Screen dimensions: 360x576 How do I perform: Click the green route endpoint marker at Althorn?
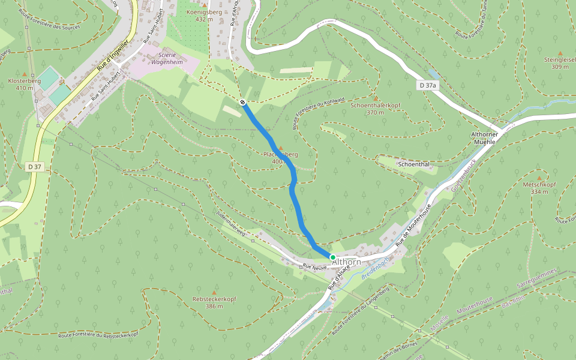click(x=332, y=257)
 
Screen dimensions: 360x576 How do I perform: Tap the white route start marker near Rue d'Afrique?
click(x=242, y=103)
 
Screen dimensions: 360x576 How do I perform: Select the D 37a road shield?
click(x=428, y=86)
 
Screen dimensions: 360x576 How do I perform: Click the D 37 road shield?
click(x=35, y=167)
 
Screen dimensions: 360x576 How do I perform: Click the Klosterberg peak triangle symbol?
click(x=25, y=74)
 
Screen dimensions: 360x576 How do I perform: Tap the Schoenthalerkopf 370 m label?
click(x=375, y=109)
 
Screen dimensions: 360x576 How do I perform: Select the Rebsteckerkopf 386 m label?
click(x=214, y=302)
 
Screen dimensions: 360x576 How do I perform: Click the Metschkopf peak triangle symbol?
click(x=539, y=178)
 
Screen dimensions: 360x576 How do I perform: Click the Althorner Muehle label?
click(x=484, y=139)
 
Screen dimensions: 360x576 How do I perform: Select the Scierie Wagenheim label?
click(x=166, y=58)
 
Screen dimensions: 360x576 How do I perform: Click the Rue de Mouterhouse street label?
click(x=413, y=227)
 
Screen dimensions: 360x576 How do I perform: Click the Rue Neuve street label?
click(x=313, y=266)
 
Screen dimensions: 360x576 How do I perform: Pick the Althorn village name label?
click(x=347, y=262)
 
